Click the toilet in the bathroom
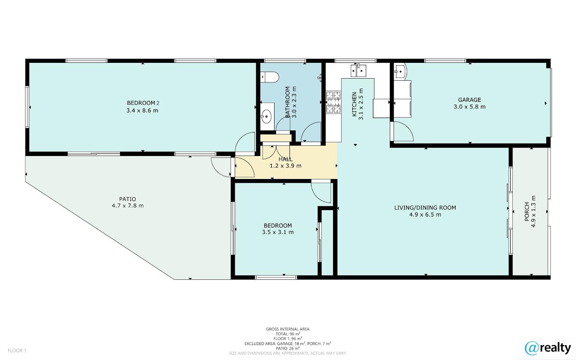pyautogui.click(x=269, y=77)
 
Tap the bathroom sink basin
pyautogui.click(x=267, y=117)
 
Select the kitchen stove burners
pyautogui.click(x=334, y=102)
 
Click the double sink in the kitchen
pyautogui.click(x=359, y=70)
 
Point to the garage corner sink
pyautogui.click(x=400, y=70)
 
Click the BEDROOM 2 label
pyautogui.click(x=143, y=103)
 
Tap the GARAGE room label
pyautogui.click(x=469, y=100)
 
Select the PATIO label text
pyautogui.click(x=128, y=199)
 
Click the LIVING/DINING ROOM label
pyautogui.click(x=425, y=208)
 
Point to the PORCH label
pyautogui.click(x=527, y=212)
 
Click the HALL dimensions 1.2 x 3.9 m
pyautogui.click(x=286, y=166)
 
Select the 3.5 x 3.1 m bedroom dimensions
pyautogui.click(x=278, y=232)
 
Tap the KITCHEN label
pyautogui.click(x=354, y=104)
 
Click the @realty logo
pyautogui.click(x=548, y=348)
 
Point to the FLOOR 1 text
pyautogui.click(x=17, y=350)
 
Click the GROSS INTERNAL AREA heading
pyautogui.click(x=288, y=329)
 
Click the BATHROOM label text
pyautogui.click(x=288, y=102)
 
